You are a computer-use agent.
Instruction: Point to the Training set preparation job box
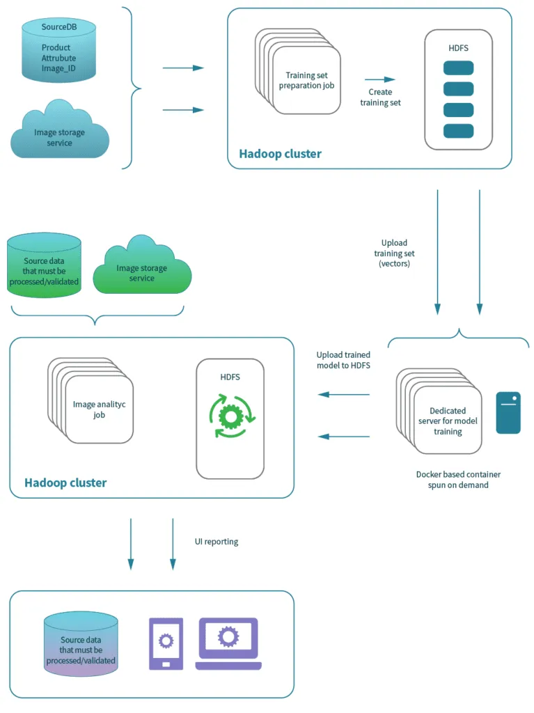pos(306,80)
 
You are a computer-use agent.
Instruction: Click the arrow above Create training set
pos(379,79)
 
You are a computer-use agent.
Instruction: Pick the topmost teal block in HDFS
pos(458,68)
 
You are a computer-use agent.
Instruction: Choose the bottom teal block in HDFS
pos(458,131)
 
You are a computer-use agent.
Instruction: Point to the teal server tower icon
pos(508,412)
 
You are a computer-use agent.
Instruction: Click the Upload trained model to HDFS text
pos(343,360)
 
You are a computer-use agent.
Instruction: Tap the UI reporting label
pos(217,541)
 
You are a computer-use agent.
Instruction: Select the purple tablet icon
pos(166,643)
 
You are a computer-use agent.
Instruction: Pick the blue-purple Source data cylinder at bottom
pos(81,644)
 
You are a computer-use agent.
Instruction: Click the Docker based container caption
pos(457,479)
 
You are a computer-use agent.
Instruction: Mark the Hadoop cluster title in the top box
pos(280,154)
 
